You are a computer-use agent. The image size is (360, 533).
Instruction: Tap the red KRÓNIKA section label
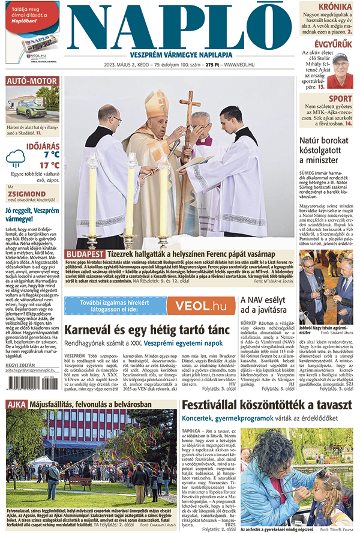pos(335,7)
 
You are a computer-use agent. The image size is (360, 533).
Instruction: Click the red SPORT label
pos(340,99)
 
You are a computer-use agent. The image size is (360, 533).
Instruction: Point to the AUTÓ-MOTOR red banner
pos(32,80)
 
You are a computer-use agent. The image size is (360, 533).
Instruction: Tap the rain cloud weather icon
pos(16,158)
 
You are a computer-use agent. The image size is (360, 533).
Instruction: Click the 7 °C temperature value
pos(46,154)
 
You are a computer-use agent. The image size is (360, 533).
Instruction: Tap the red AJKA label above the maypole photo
pos(16,404)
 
